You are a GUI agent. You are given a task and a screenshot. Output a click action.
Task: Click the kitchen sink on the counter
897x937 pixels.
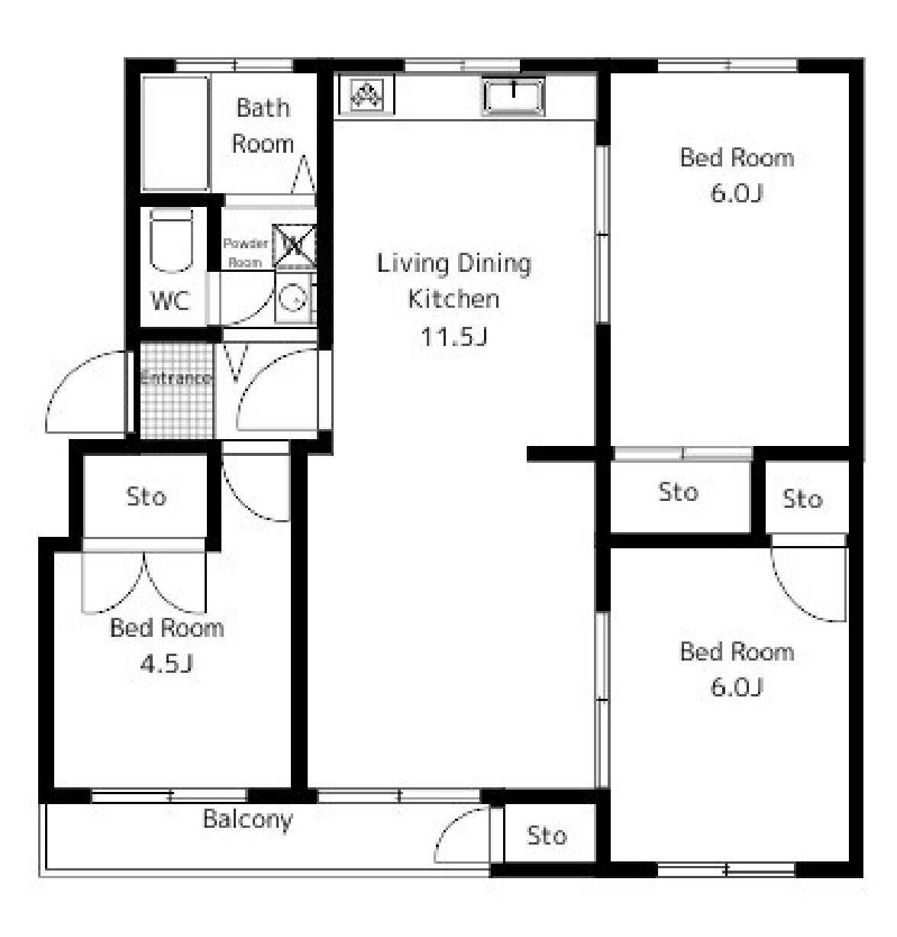(513, 96)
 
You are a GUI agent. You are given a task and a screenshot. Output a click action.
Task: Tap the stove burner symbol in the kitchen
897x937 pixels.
(366, 95)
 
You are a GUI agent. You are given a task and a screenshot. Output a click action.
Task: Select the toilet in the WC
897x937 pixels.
(171, 241)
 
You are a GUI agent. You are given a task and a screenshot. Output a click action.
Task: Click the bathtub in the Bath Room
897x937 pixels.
(176, 134)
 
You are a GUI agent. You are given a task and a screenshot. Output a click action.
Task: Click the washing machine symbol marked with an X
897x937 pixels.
(295, 246)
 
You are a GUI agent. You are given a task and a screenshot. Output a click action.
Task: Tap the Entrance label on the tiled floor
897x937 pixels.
(176, 378)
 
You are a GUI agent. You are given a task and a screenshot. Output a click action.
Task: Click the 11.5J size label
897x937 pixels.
(453, 337)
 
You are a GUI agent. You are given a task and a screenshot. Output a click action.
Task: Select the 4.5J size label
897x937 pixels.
(166, 665)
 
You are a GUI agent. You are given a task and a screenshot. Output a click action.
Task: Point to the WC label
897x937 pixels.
(170, 301)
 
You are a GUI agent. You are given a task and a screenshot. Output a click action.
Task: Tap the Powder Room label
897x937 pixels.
(245, 253)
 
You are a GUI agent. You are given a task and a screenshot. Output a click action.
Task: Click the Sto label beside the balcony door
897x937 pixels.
(547, 836)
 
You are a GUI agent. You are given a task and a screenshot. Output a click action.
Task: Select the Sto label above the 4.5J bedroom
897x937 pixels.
(147, 496)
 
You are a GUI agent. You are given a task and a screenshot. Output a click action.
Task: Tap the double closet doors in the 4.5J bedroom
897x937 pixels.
(144, 582)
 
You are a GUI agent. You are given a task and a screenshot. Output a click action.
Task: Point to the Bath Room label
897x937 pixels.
(263, 126)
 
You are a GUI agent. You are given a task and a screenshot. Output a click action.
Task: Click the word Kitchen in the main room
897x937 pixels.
(453, 299)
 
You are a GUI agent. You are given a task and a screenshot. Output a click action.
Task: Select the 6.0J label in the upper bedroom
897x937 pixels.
(737, 194)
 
